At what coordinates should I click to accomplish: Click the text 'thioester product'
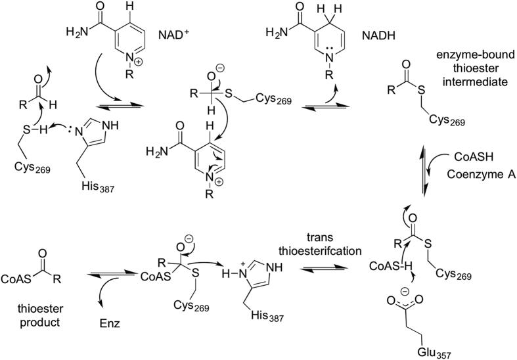[35, 310]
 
